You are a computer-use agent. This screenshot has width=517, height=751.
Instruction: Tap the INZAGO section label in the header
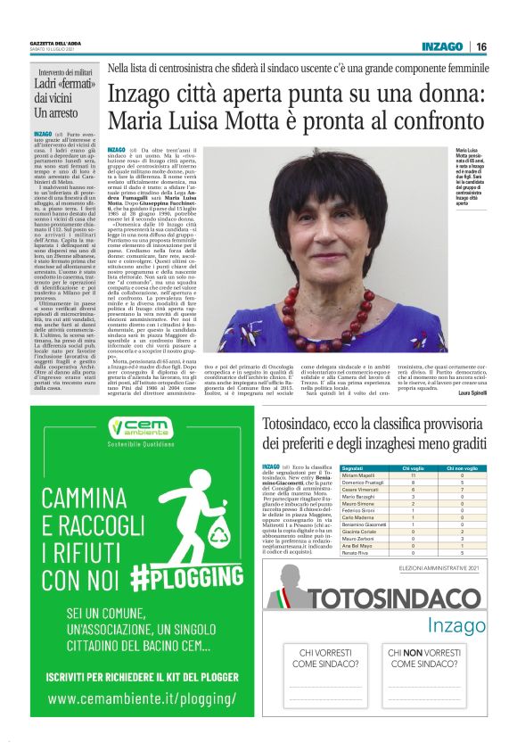[442, 46]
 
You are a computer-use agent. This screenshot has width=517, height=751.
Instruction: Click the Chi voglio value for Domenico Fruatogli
[413, 483]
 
